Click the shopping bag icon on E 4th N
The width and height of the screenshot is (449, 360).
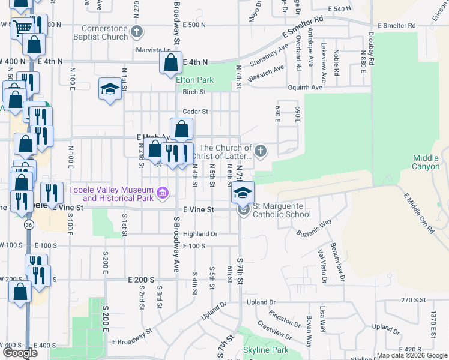tap(171, 62)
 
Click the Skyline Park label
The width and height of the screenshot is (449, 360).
tap(265, 350)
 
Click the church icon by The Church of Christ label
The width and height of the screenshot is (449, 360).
tap(260, 151)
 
